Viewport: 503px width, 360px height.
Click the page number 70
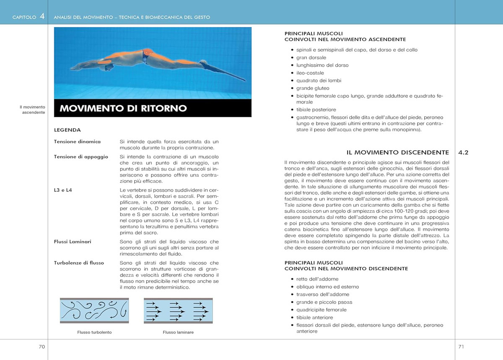click(42, 347)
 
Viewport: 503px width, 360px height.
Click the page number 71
click(461, 347)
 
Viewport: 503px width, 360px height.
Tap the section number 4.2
click(463, 153)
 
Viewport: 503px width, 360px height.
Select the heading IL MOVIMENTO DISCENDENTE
click(398, 152)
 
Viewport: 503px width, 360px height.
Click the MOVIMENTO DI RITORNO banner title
click(123, 108)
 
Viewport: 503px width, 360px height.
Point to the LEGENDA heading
click(67, 130)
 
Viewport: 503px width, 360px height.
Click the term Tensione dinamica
click(77, 142)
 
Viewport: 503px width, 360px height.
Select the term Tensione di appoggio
click(81, 157)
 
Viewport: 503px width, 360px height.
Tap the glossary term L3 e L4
click(63, 190)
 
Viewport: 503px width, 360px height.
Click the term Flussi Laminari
click(73, 242)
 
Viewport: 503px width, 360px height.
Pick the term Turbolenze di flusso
click(79, 263)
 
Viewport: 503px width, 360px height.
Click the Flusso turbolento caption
click(94, 332)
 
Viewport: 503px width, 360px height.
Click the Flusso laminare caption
click(178, 332)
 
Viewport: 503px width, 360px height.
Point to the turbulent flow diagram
click(94, 311)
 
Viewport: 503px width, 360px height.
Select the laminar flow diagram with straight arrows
click(178, 311)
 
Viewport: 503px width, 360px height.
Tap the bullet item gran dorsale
click(311, 57)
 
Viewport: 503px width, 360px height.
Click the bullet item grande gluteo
click(313, 89)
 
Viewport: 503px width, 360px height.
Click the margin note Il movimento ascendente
click(32, 110)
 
